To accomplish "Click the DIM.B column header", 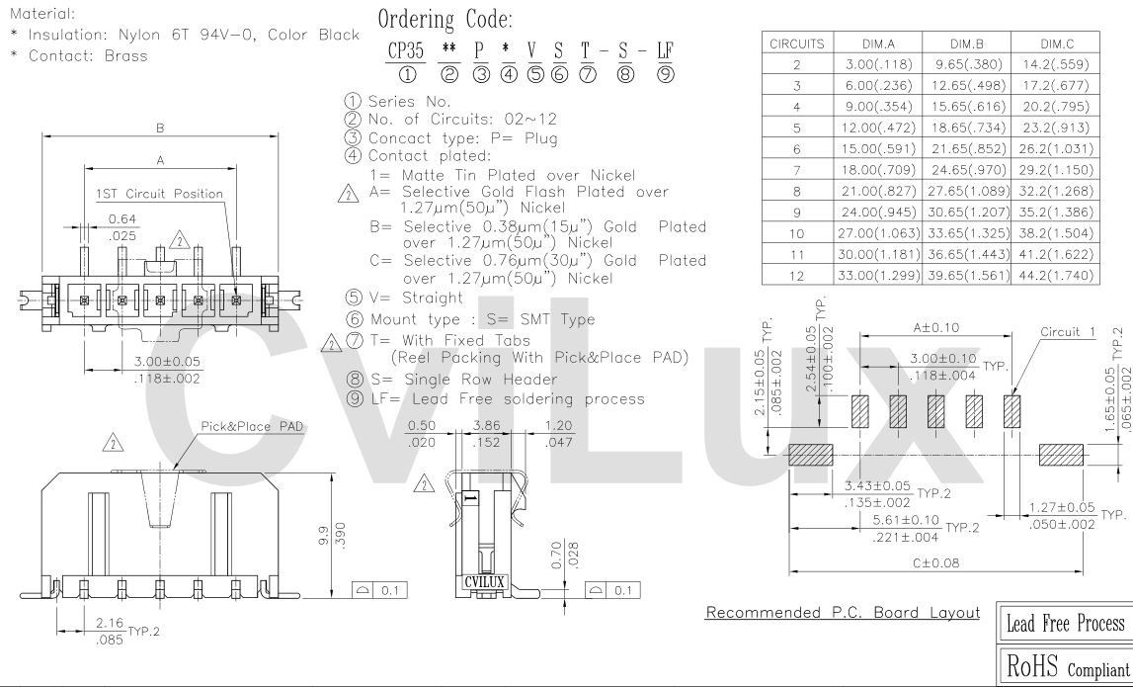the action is coord(966,43).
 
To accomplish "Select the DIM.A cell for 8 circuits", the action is coord(879,191).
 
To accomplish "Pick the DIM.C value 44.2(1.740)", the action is coord(1056,275).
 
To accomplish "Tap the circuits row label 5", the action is coord(797,128).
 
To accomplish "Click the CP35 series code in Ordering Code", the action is coord(406,50).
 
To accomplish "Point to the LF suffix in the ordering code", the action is coord(665,50).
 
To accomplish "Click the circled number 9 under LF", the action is coord(665,74).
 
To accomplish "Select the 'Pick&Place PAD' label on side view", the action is coord(252,427).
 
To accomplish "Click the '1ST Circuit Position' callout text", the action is coord(160,194).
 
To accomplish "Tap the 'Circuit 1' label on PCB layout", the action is coord(1068,332).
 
